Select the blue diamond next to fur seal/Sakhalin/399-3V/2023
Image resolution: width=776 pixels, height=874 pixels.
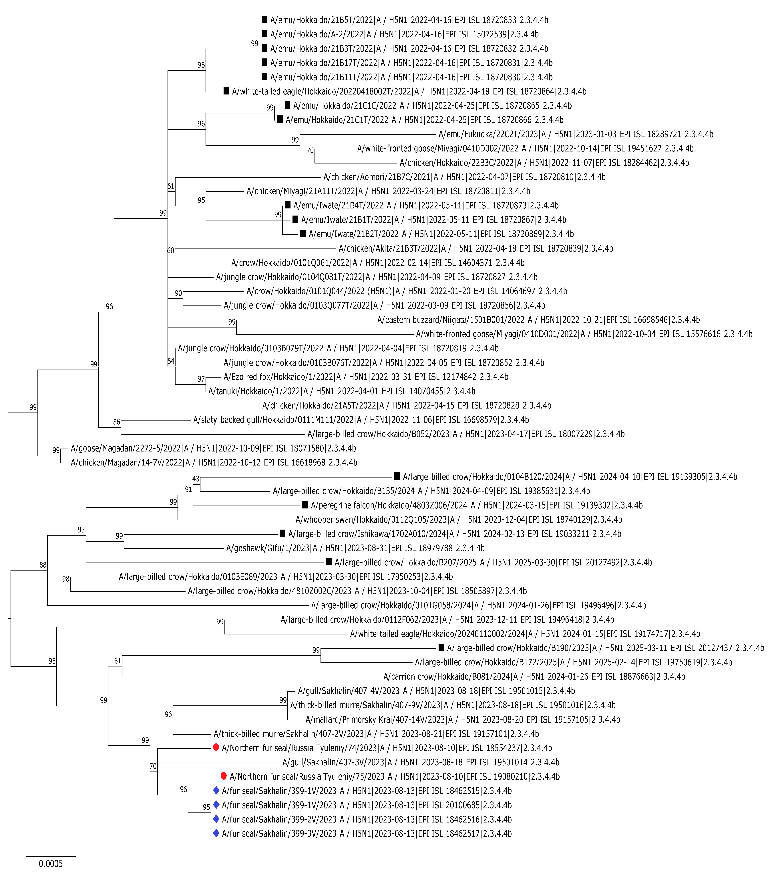(x=216, y=833)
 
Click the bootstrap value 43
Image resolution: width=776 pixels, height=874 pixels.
(x=196, y=479)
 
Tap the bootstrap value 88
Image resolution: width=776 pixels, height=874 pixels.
(x=43, y=565)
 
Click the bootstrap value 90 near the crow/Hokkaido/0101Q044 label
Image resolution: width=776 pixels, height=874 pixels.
(x=178, y=293)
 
